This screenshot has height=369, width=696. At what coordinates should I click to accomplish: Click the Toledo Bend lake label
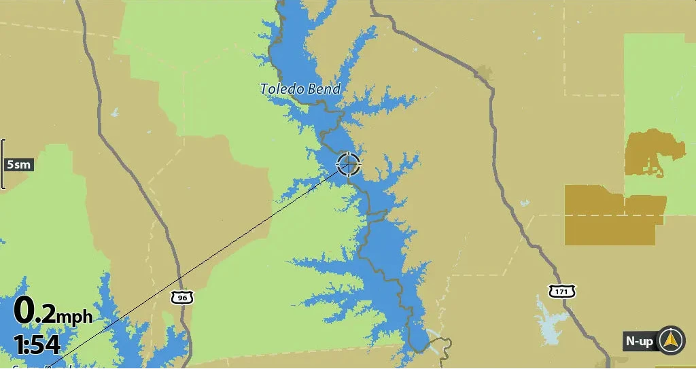tap(300, 88)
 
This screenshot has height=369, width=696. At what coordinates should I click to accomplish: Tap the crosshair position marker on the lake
tap(349, 164)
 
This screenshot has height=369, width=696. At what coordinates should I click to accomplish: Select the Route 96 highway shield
tap(181, 297)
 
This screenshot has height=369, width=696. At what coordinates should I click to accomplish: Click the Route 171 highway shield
tap(562, 292)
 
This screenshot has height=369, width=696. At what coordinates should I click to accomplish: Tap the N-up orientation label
tap(640, 341)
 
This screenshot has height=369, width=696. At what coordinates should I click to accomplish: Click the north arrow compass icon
tap(672, 340)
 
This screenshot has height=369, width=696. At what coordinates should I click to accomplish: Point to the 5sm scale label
tap(18, 164)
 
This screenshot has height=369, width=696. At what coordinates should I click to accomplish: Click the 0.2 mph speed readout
tap(53, 312)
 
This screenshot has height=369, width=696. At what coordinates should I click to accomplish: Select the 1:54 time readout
tap(37, 345)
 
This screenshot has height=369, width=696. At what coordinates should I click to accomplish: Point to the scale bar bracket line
tap(3, 164)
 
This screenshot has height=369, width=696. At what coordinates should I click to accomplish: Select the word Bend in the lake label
tap(324, 88)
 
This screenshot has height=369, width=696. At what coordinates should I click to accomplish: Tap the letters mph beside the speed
tap(74, 317)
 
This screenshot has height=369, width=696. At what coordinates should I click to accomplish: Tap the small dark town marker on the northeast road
tap(484, 71)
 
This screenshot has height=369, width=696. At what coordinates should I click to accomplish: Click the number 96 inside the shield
tap(181, 298)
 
